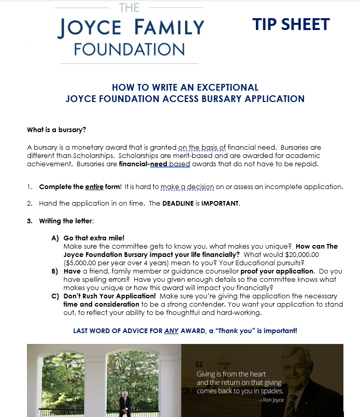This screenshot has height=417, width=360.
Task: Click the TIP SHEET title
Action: [291, 24]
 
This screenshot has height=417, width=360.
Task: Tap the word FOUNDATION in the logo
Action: [129, 50]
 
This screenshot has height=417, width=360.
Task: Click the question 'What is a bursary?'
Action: [56, 130]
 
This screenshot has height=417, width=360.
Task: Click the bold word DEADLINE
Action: [180, 204]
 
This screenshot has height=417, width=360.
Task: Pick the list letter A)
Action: [55, 238]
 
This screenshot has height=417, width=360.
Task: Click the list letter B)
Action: [55, 271]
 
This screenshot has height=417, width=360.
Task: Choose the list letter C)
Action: [55, 296]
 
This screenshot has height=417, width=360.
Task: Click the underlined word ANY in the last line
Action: [171, 330]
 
